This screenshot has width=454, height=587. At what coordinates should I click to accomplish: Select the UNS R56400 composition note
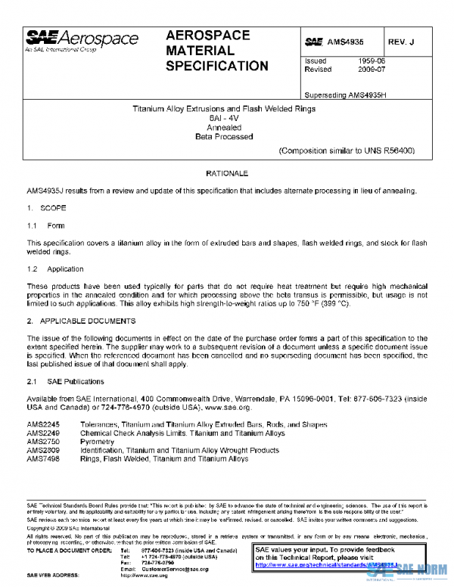coord(347,151)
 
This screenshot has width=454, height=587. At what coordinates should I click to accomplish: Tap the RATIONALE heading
coord(227,173)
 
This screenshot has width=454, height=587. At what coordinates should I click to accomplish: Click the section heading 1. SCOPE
coord(47,207)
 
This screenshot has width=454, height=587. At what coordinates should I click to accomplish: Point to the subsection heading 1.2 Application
coord(55,269)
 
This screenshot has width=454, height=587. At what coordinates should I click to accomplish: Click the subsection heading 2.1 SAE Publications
coord(64,380)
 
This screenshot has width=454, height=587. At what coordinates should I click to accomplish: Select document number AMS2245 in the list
coord(42,425)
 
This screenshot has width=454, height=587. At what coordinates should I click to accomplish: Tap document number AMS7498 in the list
coord(42,458)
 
